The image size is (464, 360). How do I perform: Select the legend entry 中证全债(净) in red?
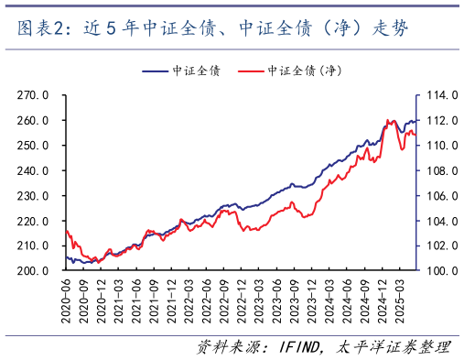pyautogui.click(x=294, y=70)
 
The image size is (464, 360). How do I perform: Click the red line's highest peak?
pyautogui.click(x=388, y=120)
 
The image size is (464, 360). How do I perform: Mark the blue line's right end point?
pyautogui.click(x=417, y=120)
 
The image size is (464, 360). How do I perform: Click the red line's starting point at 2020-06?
pyautogui.click(x=66, y=230)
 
